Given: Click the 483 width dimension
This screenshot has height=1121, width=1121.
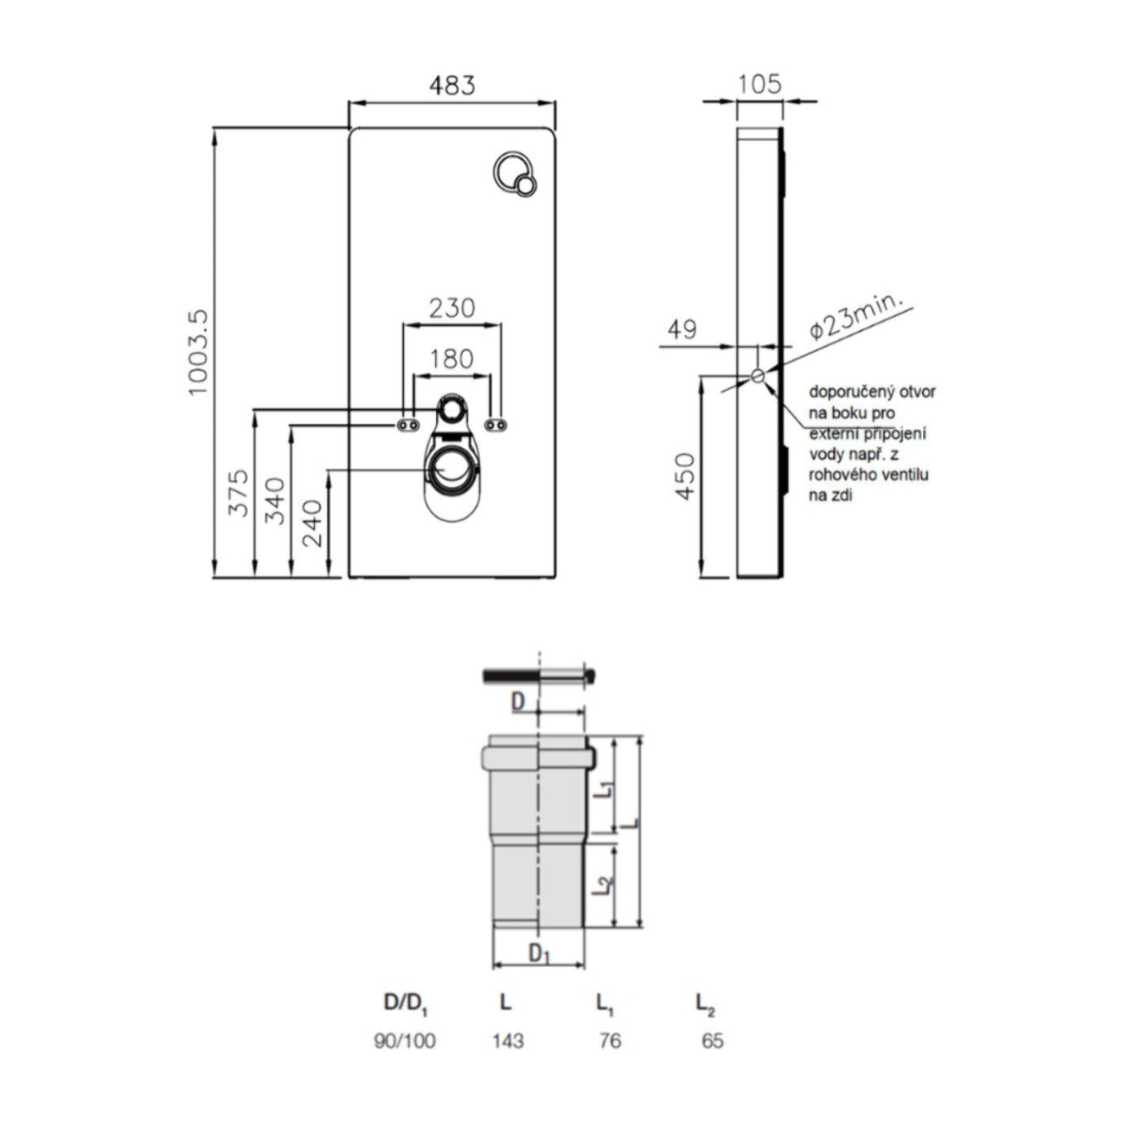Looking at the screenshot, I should click(452, 85).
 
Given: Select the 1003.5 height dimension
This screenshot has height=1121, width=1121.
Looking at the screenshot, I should click(198, 352).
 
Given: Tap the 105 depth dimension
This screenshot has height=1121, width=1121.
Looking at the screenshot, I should click(759, 84).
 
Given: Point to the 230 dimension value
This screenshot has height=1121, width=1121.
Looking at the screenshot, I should click(452, 307).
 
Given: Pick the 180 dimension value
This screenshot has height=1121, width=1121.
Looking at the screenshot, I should click(452, 359).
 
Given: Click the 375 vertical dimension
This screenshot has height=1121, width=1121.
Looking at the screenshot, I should click(238, 492).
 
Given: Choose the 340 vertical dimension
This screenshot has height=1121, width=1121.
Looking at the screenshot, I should click(276, 501).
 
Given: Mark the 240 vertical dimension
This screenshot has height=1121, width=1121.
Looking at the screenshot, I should click(312, 523).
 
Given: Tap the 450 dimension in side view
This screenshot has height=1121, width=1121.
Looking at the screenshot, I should click(685, 476).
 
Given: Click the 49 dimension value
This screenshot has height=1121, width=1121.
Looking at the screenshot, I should click(682, 329).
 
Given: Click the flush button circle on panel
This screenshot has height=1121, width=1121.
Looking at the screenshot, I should click(514, 174).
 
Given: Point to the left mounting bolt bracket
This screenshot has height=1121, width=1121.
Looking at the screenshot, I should click(408, 426).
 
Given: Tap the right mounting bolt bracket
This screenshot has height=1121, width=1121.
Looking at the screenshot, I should click(495, 425).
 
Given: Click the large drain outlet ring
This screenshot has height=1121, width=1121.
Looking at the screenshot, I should click(451, 470).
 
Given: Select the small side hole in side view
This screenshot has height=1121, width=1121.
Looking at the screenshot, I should click(757, 375).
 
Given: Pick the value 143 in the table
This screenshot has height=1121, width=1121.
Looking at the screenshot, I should click(507, 1040).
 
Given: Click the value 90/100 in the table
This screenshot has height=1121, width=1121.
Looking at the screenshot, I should click(404, 1040).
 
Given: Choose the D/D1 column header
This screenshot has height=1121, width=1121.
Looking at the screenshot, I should click(405, 1003).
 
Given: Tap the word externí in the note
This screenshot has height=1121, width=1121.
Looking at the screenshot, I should click(834, 434).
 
